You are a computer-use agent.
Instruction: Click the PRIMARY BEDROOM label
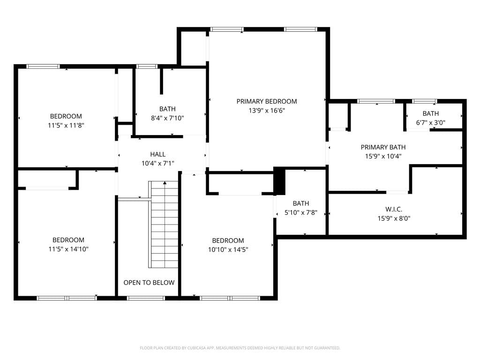pyautogui.click(x=267, y=101)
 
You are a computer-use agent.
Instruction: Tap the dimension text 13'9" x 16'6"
pyautogui.click(x=267, y=111)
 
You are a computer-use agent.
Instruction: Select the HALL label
pyautogui.click(x=157, y=154)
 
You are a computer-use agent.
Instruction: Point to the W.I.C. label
pyautogui.click(x=394, y=210)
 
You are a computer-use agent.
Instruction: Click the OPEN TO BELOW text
pyautogui.click(x=149, y=283)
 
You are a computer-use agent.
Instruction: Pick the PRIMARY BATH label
pyautogui.click(x=383, y=147)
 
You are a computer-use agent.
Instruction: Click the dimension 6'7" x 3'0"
pyautogui.click(x=430, y=123)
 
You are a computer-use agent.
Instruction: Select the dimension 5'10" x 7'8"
pyautogui.click(x=301, y=212)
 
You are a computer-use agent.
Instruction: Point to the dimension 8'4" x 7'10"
pyautogui.click(x=167, y=118)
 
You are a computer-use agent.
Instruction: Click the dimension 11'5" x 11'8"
pyautogui.click(x=66, y=125)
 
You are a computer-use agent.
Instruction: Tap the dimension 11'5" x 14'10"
pyautogui.click(x=68, y=249)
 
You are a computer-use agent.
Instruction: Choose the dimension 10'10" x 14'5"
pyautogui.click(x=228, y=249)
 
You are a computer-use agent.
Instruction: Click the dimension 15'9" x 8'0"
pyautogui.click(x=394, y=218)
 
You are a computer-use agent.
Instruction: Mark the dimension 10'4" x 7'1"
pyautogui.click(x=157, y=164)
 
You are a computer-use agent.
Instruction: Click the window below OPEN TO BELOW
pyautogui.click(x=146, y=298)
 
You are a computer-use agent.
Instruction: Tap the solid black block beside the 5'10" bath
pyautogui.click(x=279, y=181)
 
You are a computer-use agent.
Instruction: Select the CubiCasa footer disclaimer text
pyautogui.click(x=240, y=348)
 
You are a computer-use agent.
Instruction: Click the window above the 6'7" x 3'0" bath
pyautogui.click(x=424, y=101)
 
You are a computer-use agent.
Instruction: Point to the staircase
pyautogui.click(x=163, y=225)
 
